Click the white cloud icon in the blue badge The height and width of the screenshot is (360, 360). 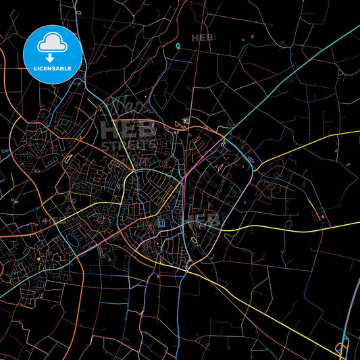coord(53,44)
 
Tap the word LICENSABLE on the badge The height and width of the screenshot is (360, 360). coord(53,68)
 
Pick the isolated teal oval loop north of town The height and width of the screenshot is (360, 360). coord(178,46)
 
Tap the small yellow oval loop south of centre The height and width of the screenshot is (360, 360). coord(194,239)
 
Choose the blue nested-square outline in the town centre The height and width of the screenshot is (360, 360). coord(161,224)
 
